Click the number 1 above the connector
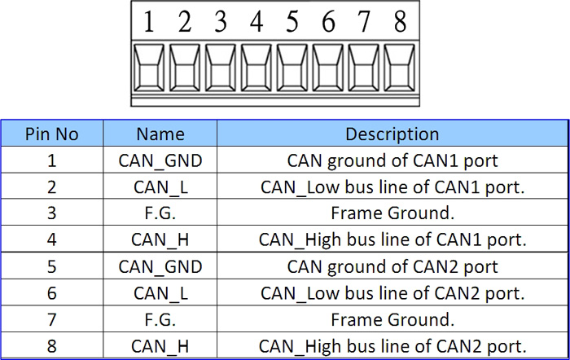(148, 21)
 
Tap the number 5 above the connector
(292, 21)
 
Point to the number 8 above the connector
(400, 21)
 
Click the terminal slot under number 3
(221, 68)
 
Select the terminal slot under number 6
(328, 68)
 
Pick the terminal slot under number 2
(185, 68)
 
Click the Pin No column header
(51, 134)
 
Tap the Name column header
(160, 134)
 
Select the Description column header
(392, 134)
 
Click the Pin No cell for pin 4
(51, 239)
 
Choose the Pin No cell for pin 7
(51, 319)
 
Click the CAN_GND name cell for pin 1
(160, 160)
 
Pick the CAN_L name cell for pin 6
(160, 293)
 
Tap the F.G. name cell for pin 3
(160, 213)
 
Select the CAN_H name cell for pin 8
(160, 346)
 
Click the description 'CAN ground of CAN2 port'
(392, 267)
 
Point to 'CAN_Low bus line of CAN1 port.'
(392, 187)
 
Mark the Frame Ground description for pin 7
(392, 319)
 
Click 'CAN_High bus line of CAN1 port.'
(392, 240)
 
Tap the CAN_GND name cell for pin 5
(160, 267)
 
